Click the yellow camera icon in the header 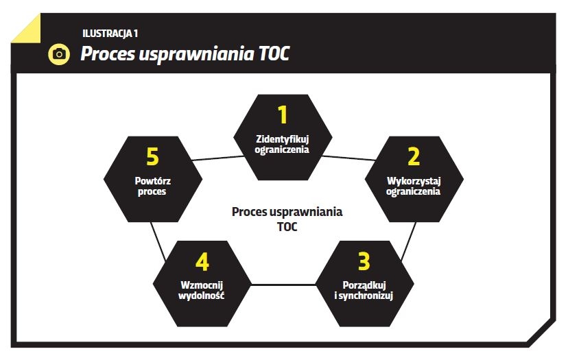click(59, 54)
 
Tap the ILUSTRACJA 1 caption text click(110, 34)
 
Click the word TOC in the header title click(274, 53)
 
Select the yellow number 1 click(283, 115)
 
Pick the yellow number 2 click(414, 156)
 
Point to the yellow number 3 click(364, 261)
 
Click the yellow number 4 click(202, 261)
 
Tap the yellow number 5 click(152, 156)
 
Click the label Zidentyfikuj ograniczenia click(282, 144)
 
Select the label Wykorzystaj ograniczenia click(414, 186)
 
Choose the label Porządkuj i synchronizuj click(364, 291)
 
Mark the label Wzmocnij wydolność click(202, 291)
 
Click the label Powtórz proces click(152, 186)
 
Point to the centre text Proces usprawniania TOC click(287, 219)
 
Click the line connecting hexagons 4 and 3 click(283, 285)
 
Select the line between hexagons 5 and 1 click(217, 158)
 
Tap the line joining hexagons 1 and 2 click(348, 158)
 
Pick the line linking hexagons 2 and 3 click(409, 241)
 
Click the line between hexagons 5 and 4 click(158, 241)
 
